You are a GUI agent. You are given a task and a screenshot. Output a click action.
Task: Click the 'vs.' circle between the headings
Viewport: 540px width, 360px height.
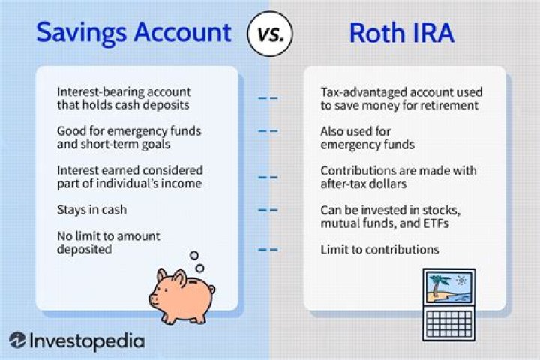click(x=270, y=34)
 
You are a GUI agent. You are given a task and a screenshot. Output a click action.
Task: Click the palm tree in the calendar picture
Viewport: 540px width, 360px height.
click(x=436, y=284)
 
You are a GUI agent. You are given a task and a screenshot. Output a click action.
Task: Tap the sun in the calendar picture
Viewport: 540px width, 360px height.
click(x=460, y=280)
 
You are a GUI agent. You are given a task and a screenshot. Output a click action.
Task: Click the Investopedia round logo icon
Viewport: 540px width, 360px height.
click(x=17, y=340)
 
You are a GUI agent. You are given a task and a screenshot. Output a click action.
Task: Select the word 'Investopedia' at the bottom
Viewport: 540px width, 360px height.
click(x=87, y=341)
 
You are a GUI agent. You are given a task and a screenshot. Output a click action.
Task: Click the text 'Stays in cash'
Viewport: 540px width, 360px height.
click(x=92, y=210)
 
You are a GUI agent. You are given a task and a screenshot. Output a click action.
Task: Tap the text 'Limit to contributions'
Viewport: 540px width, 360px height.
click(x=379, y=250)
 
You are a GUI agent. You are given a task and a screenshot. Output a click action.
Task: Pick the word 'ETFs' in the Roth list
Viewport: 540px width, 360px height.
click(x=436, y=223)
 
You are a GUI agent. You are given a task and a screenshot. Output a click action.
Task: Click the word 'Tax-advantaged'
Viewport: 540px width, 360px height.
click(x=363, y=92)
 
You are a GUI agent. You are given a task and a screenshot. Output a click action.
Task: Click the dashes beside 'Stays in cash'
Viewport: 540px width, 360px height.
click(x=268, y=210)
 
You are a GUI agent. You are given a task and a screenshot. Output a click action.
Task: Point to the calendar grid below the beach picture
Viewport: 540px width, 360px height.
click(x=449, y=324)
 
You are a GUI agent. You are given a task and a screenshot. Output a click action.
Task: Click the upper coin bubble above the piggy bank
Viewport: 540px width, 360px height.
click(x=194, y=255)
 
